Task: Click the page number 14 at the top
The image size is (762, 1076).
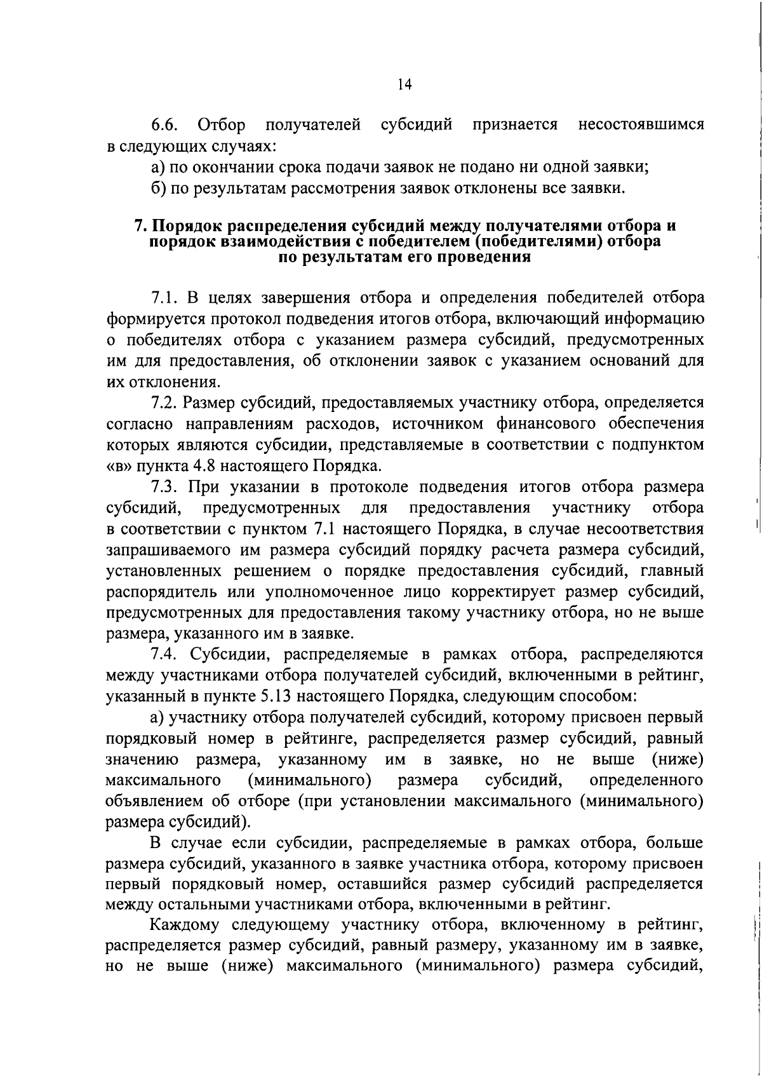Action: [404, 85]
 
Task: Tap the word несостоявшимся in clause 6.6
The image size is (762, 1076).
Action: [641, 125]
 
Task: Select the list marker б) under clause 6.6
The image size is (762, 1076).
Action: [158, 189]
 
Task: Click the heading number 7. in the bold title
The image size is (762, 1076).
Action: [141, 227]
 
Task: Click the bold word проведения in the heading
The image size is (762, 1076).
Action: [480, 257]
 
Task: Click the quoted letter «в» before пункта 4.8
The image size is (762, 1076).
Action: [116, 466]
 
